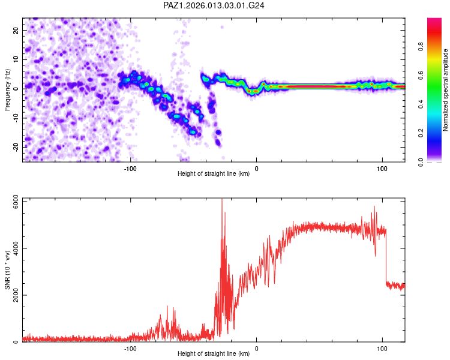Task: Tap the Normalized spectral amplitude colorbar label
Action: (x=446, y=89)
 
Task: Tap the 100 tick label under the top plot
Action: (x=382, y=168)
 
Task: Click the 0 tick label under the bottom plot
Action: (x=257, y=348)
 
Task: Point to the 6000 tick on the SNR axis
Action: (x=12, y=200)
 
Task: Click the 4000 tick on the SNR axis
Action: (x=12, y=247)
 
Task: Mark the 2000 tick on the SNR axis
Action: (x=12, y=295)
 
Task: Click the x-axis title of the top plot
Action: (x=214, y=174)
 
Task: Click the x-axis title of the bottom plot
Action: (x=214, y=354)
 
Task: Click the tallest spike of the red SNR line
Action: (x=222, y=200)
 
